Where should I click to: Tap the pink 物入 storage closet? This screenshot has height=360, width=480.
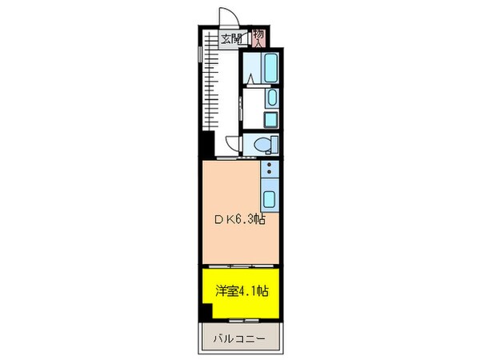[x=260, y=37]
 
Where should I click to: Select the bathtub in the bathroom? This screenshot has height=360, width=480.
[x=270, y=69]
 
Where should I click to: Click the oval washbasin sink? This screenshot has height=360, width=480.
[x=271, y=99]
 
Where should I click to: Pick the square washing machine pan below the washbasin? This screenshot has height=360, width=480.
[x=271, y=121]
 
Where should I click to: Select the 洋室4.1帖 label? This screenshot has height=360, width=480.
[x=241, y=290]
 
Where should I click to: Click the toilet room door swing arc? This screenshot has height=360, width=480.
[x=233, y=145]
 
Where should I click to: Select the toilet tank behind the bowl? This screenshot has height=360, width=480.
[x=274, y=144]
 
